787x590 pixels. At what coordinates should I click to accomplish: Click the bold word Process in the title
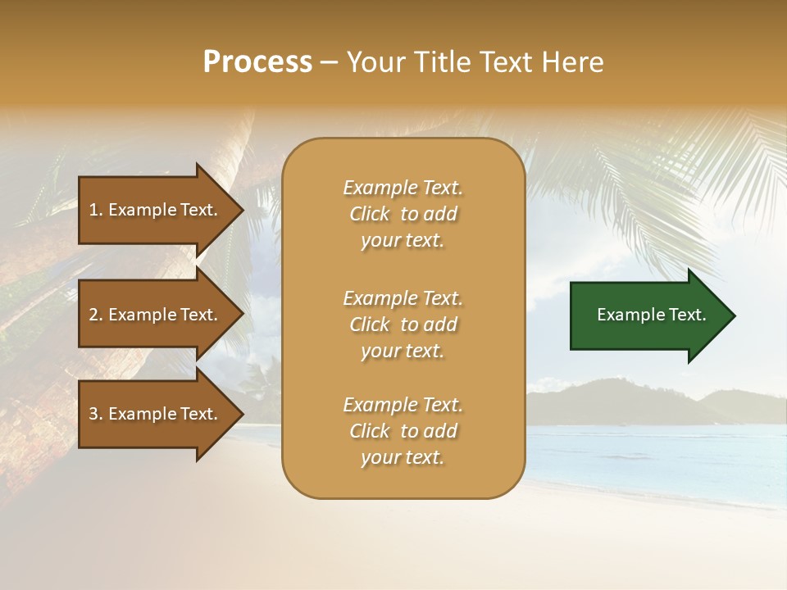pyautogui.click(x=257, y=62)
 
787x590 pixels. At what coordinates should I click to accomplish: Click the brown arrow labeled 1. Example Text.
pyautogui.click(x=156, y=210)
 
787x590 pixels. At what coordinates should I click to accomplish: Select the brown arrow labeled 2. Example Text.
pyautogui.click(x=156, y=315)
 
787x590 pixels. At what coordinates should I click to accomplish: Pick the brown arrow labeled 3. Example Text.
pyautogui.click(x=156, y=414)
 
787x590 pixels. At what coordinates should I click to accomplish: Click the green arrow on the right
pyautogui.click(x=648, y=315)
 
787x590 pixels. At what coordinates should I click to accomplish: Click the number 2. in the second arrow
pyautogui.click(x=96, y=315)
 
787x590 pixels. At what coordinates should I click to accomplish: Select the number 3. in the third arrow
pyautogui.click(x=96, y=414)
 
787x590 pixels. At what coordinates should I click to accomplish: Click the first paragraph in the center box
pyautogui.click(x=403, y=214)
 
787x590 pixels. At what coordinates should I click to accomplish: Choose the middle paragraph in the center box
pyautogui.click(x=403, y=324)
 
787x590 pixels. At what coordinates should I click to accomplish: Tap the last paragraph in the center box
pyautogui.click(x=403, y=431)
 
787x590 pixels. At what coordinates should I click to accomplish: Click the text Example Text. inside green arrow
pyautogui.click(x=652, y=315)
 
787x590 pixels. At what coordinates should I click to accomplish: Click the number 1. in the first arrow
pyautogui.click(x=95, y=210)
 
